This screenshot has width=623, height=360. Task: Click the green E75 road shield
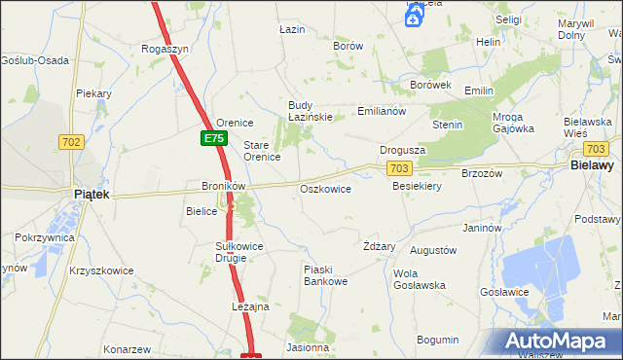point(214,139)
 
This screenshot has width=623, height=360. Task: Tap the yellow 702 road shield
point(70,142)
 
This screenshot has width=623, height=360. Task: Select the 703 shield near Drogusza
point(398,169)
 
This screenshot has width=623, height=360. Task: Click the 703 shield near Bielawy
point(597,149)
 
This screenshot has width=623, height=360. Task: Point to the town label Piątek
point(91,195)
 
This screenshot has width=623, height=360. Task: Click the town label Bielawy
point(590,166)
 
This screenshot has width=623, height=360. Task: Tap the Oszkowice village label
point(325,189)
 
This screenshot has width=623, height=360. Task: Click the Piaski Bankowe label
point(325,275)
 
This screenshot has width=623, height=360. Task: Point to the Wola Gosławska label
point(420,279)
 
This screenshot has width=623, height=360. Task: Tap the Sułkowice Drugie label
point(239,252)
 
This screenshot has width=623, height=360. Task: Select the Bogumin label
point(437,340)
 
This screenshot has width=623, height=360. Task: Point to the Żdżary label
point(379,246)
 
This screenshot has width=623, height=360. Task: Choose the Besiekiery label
point(418,186)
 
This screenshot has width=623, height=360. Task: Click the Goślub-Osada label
point(35,60)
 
